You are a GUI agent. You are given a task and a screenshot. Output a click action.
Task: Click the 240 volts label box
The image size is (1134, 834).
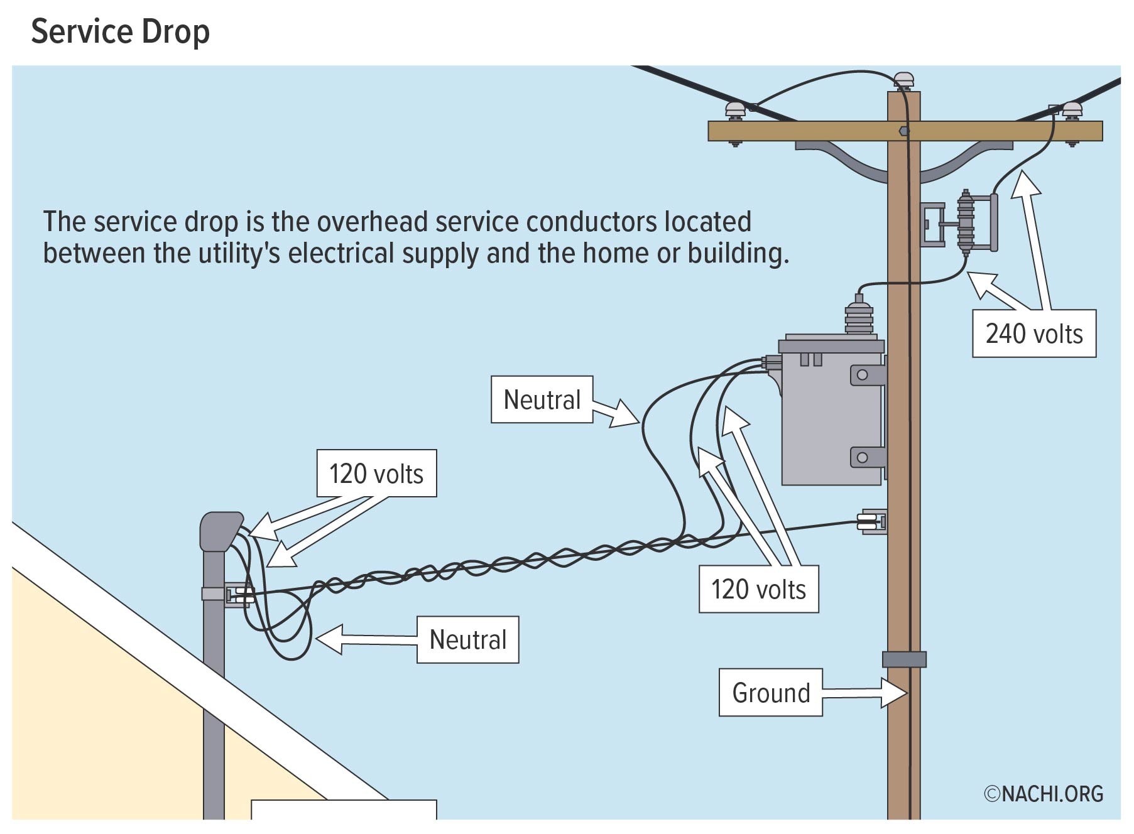click(1033, 333)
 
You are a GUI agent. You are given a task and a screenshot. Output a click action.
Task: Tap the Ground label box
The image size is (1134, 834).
click(770, 693)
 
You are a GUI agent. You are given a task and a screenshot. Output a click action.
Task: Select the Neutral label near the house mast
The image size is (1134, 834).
click(467, 639)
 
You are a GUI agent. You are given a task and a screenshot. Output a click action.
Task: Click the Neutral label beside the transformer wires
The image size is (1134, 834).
click(542, 399)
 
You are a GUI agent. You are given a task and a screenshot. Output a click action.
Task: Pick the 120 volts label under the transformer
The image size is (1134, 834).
click(758, 589)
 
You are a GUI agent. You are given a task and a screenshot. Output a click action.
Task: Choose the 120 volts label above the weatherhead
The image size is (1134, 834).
click(376, 474)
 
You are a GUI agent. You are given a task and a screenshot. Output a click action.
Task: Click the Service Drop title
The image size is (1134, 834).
click(120, 31)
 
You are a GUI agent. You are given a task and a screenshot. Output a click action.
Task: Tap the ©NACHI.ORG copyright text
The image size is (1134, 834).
click(1044, 794)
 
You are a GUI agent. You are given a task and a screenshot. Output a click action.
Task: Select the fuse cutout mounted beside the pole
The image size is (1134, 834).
click(965, 223)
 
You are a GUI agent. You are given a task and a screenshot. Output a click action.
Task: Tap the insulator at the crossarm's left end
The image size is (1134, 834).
click(735, 110)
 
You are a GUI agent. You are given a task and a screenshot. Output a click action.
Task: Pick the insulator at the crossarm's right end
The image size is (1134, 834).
click(1071, 110)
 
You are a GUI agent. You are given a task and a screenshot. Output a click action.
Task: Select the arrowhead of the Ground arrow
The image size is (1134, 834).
click(895, 693)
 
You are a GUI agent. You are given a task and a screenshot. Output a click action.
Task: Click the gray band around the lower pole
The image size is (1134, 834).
click(904, 659)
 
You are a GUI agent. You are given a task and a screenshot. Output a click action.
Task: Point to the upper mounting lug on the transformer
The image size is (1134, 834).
click(866, 375)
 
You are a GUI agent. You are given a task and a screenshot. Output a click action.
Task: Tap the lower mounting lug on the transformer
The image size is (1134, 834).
click(866, 457)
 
